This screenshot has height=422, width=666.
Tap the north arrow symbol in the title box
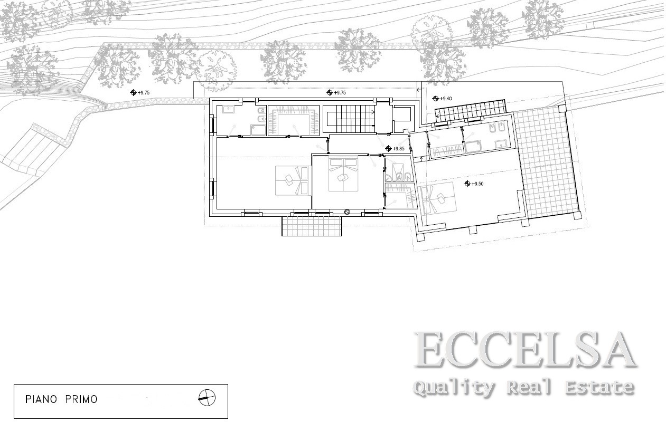click(x=207, y=398)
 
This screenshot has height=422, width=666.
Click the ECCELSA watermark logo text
click(x=525, y=350)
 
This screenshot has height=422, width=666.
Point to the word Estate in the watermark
click(x=599, y=387)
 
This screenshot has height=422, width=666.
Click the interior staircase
click(x=349, y=119)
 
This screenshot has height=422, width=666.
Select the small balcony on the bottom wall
click(x=312, y=226)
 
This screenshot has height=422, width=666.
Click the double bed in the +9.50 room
click(x=438, y=198)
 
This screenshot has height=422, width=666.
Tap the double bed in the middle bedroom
click(x=343, y=175)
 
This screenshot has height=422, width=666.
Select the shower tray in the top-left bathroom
click(x=258, y=130)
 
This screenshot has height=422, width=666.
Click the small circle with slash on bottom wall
click(x=347, y=212)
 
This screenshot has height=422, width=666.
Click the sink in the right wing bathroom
click(x=501, y=145)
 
